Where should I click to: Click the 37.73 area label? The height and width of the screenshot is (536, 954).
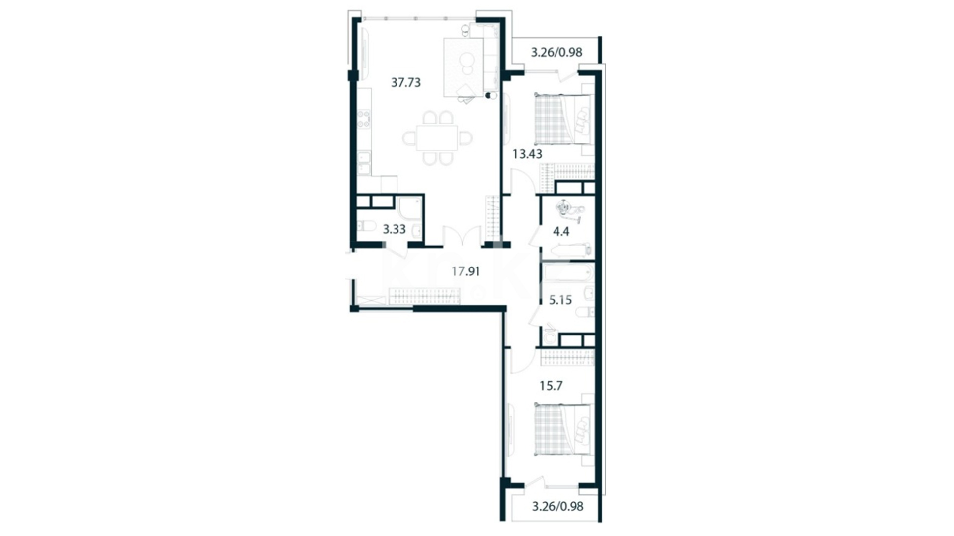click(405, 82)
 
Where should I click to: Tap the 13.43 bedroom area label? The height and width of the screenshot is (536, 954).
click(527, 154)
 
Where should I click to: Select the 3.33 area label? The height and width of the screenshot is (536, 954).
click(394, 229)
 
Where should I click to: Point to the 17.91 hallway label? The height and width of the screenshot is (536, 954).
click(466, 271)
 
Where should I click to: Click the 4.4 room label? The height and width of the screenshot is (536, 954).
click(561, 231)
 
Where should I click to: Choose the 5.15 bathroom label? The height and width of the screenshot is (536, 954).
click(560, 300)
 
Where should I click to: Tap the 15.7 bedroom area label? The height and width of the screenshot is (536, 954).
click(551, 386)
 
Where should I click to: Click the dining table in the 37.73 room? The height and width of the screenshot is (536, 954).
click(437, 138)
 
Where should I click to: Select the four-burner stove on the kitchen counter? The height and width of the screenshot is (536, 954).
click(364, 119)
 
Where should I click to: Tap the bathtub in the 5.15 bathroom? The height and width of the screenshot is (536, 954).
click(568, 273)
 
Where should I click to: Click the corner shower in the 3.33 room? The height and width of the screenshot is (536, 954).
click(410, 208)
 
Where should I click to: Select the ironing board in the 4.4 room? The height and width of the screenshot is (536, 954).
click(567, 249)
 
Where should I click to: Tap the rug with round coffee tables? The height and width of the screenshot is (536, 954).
click(463, 67)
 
